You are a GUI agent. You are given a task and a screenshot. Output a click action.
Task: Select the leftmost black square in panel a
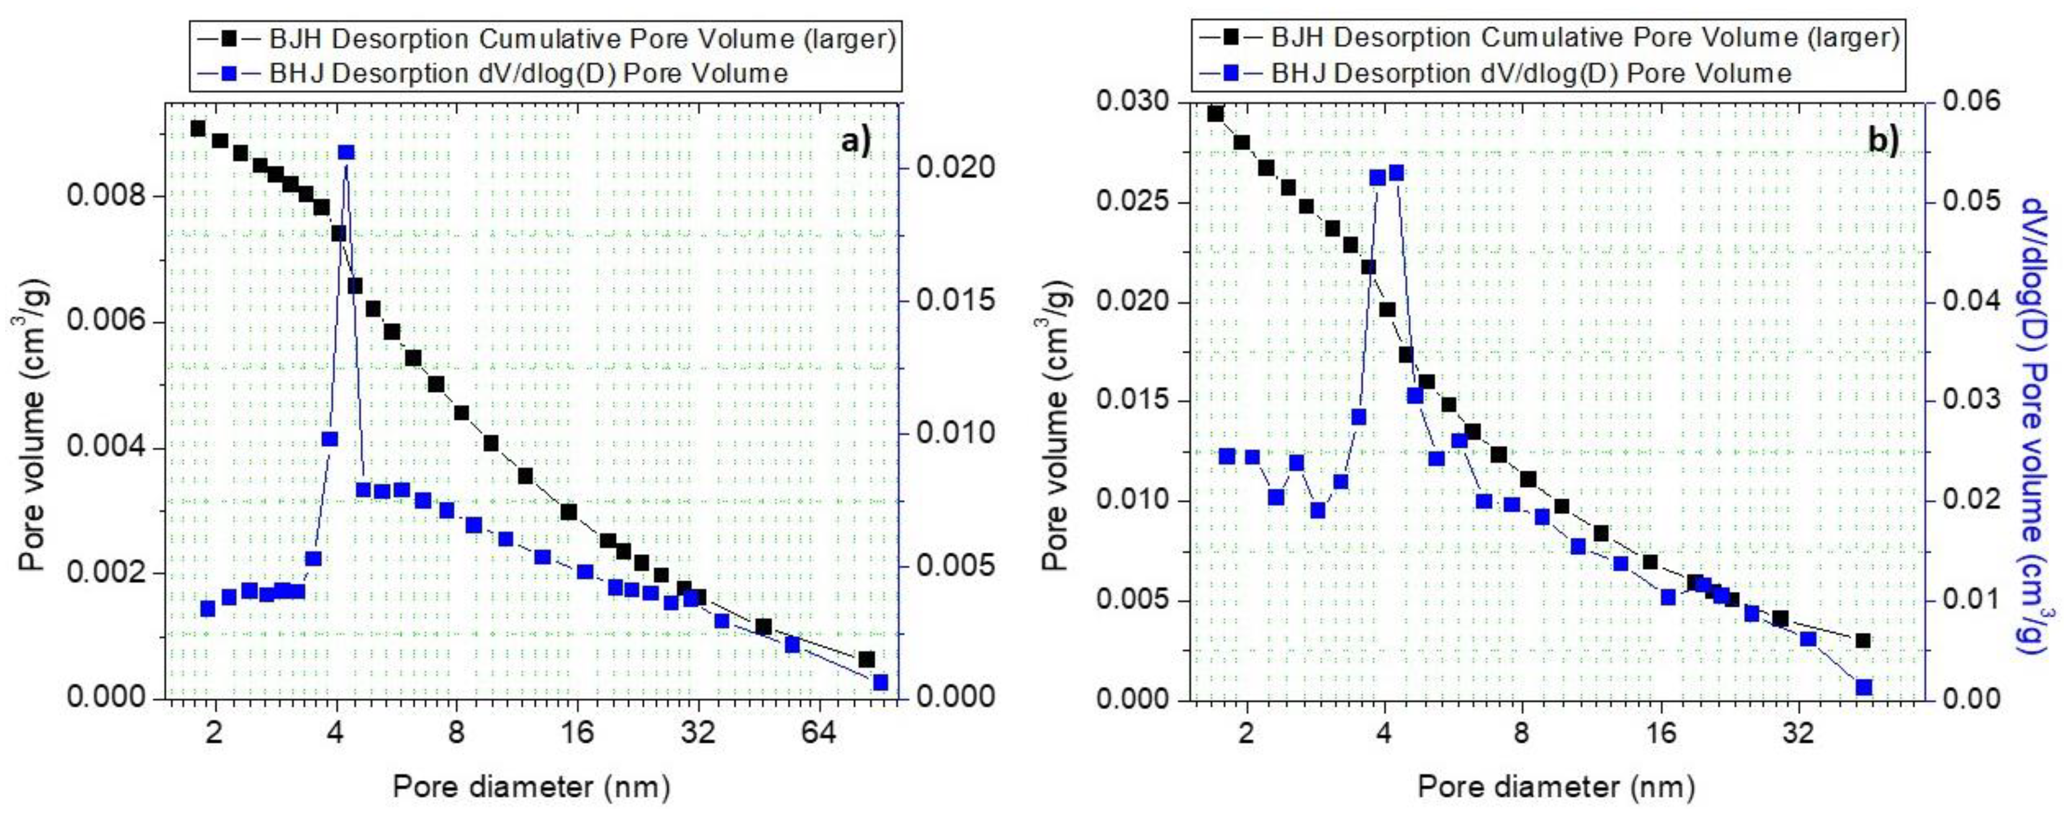tap(198, 128)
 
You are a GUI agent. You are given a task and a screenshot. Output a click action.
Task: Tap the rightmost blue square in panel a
tap(880, 682)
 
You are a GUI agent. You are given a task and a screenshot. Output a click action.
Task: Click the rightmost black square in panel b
tap(1863, 640)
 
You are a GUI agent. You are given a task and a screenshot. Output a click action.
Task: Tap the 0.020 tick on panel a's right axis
tap(955, 167)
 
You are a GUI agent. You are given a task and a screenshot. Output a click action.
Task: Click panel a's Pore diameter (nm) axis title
tap(531, 787)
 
